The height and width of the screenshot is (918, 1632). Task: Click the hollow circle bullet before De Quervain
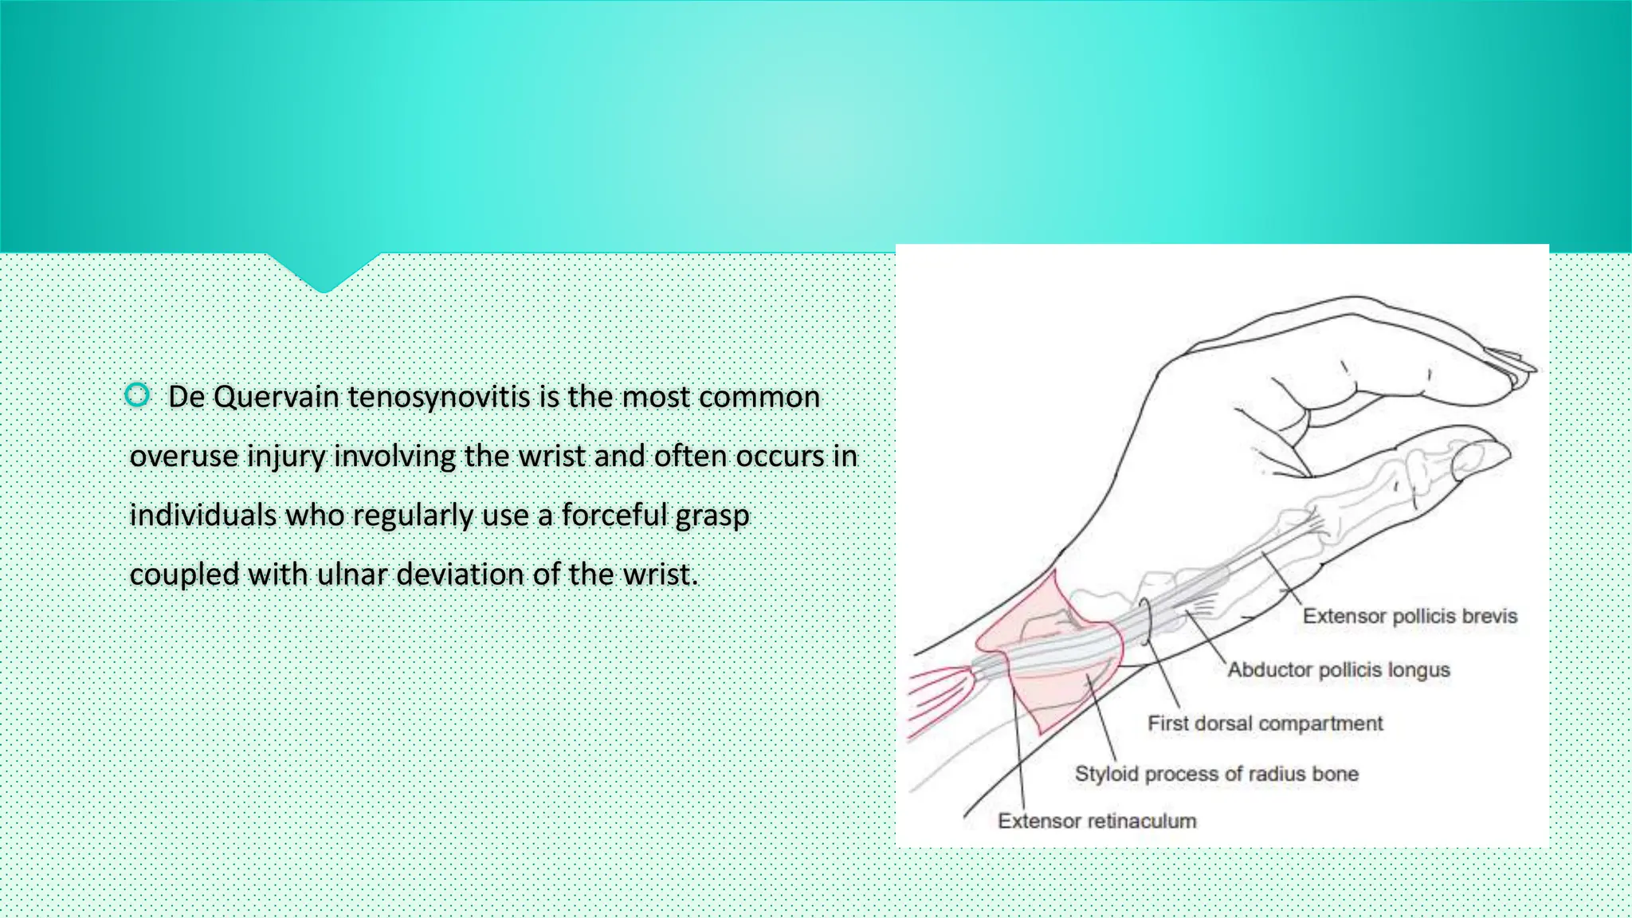137,394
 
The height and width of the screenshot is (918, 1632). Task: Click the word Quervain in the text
277,397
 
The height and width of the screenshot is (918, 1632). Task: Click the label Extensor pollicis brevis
1409,616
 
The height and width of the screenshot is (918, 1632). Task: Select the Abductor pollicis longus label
1338,669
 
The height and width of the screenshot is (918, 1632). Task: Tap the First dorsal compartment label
1265,724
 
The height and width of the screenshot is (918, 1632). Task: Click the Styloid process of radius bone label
1216,774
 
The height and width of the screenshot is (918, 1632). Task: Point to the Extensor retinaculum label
1096,821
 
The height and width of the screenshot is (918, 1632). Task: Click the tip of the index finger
1526,367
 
